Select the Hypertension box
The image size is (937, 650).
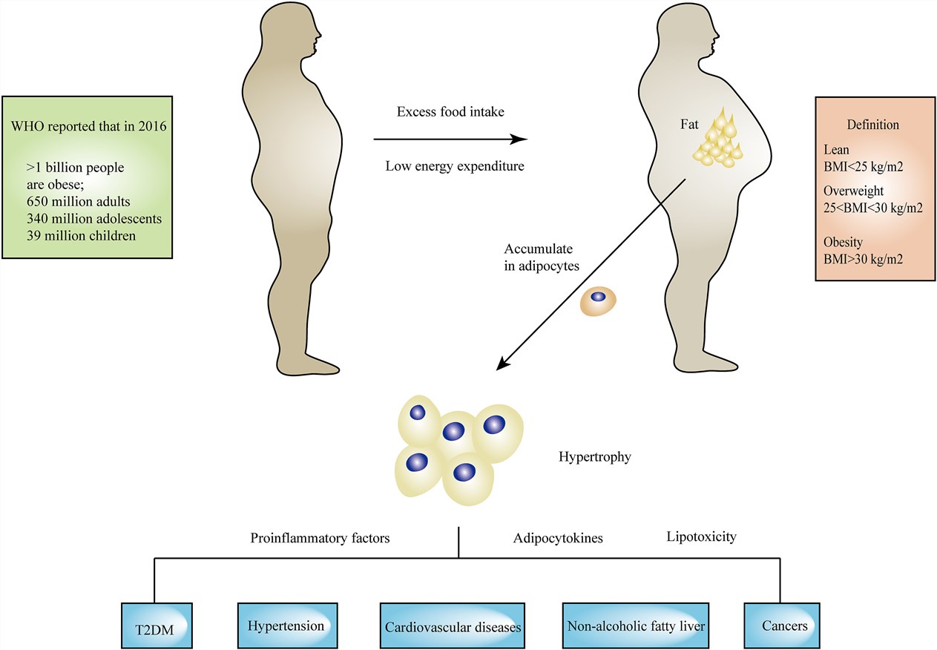287,626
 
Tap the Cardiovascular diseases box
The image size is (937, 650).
453,626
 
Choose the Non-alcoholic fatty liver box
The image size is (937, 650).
635,626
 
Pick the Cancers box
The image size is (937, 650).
784,626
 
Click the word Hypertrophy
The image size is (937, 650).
594,457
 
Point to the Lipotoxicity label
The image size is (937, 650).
701,536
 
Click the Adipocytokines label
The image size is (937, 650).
558,538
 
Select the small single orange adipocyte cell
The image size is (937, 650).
598,298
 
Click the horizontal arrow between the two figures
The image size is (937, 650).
450,139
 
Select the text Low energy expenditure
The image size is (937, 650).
454,165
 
